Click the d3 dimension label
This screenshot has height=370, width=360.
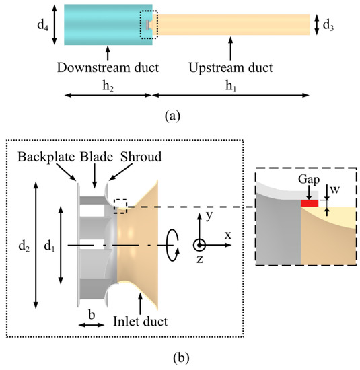pyautogui.click(x=328, y=26)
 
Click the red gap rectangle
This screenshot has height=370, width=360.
pyautogui.click(x=310, y=202)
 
